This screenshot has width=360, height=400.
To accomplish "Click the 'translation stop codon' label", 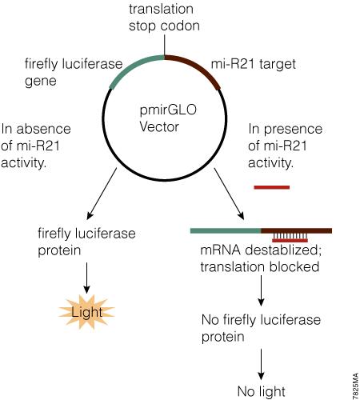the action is point(164,18).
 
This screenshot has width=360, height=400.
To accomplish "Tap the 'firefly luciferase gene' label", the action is point(74,72).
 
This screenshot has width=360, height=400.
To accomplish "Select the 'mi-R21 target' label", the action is point(254,64).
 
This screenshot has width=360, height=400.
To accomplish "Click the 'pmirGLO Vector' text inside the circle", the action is point(168,118).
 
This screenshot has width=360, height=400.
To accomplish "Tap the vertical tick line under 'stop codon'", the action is point(165,45).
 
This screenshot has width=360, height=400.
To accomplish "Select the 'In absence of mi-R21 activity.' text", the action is point(36,146).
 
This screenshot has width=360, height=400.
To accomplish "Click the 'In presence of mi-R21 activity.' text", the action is point(285,146).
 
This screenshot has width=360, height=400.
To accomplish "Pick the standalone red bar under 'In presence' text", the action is point(272,187).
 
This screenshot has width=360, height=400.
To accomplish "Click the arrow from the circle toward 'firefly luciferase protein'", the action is point(102,194).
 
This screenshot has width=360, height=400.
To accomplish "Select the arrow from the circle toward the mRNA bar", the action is point(229,194).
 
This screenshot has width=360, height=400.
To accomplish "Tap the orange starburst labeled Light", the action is point(86,312).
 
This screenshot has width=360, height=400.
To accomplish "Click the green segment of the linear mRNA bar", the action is point(226,230).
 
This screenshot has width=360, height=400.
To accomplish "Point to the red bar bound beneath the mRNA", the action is point(290,241).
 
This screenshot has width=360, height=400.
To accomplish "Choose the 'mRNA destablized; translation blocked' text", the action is point(261,258).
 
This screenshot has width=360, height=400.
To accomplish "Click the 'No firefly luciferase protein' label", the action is point(261,328).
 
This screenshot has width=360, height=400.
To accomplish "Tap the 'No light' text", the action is point(261,391).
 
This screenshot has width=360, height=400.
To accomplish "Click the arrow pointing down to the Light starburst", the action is point(86,278).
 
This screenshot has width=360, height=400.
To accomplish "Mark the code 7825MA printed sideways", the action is point(356,386).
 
